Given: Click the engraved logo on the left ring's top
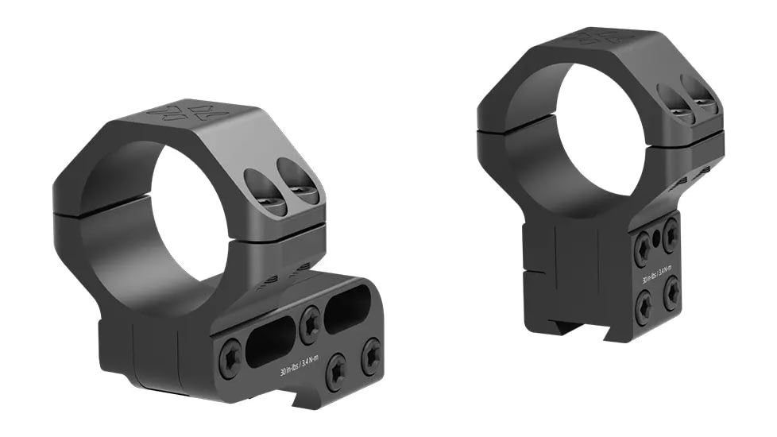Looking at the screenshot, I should click(x=185, y=112).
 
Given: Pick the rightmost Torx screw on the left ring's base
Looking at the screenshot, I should click(x=370, y=356).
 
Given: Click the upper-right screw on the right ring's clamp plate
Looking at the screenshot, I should click(x=671, y=234).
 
